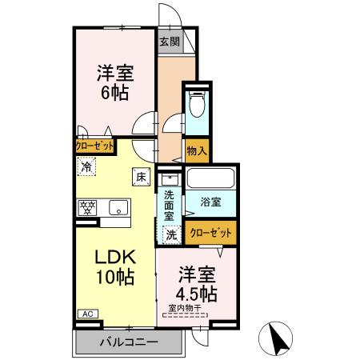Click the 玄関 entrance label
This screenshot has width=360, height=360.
(x=169, y=41)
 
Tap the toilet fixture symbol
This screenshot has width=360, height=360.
(x=197, y=106)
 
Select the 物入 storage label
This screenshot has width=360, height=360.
(x=197, y=149)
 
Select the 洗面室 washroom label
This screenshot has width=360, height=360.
(x=170, y=206)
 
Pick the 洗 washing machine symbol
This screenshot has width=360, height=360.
(x=171, y=235)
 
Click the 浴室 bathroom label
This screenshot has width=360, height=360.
(x=211, y=203)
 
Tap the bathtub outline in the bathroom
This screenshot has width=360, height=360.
(x=210, y=178)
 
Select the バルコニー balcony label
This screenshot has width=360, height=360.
(x=128, y=343)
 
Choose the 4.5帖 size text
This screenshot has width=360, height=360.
(x=198, y=293)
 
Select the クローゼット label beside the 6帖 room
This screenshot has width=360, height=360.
(x=94, y=146)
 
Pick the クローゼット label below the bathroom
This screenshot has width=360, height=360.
(x=213, y=233)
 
